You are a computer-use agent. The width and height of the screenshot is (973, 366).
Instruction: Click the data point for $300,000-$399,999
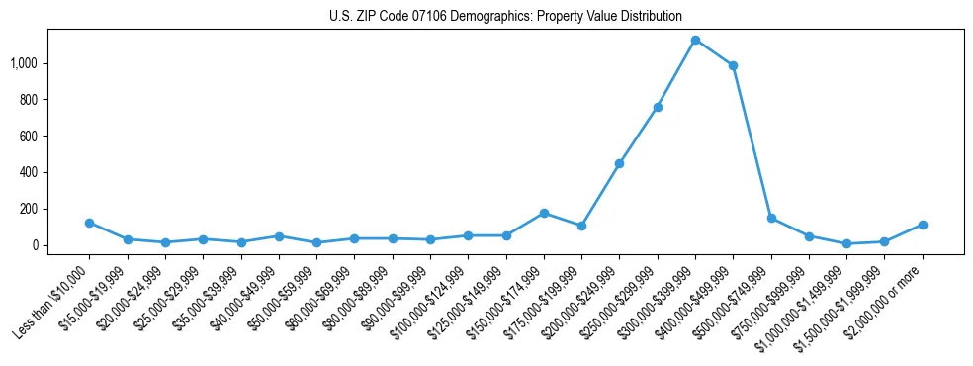(x=695, y=41)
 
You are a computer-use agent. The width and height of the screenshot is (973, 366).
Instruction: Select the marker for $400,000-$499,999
(x=733, y=66)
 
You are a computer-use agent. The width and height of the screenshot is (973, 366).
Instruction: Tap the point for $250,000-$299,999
(x=658, y=107)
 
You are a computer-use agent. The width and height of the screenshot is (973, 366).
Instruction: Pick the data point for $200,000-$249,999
(x=619, y=163)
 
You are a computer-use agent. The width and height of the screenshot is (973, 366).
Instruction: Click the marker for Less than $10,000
(x=89, y=223)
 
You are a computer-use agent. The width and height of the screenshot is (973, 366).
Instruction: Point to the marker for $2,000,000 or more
(x=923, y=225)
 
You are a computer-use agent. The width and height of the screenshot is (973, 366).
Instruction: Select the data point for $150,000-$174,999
(x=544, y=213)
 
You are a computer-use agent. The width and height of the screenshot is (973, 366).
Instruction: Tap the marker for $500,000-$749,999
(x=771, y=218)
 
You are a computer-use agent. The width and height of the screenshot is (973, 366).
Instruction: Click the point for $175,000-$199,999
(x=581, y=226)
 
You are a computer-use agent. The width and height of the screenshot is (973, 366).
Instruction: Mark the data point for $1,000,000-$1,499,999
(x=846, y=243)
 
